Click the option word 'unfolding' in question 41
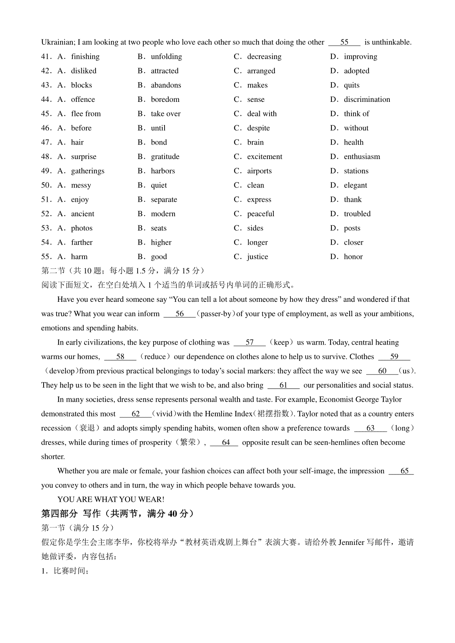point(166,57)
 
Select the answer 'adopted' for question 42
point(356,71)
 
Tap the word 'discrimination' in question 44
point(367,100)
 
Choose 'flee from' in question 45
point(86,114)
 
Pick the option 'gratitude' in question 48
point(165,157)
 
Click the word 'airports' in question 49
point(259,171)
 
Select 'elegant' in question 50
point(355,186)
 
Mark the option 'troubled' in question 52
point(357,214)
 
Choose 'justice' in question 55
point(257,257)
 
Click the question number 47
point(46,142)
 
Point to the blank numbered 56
point(179,314)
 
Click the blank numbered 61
point(283,385)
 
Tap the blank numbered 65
point(404,471)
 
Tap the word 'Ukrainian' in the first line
point(57,42)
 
